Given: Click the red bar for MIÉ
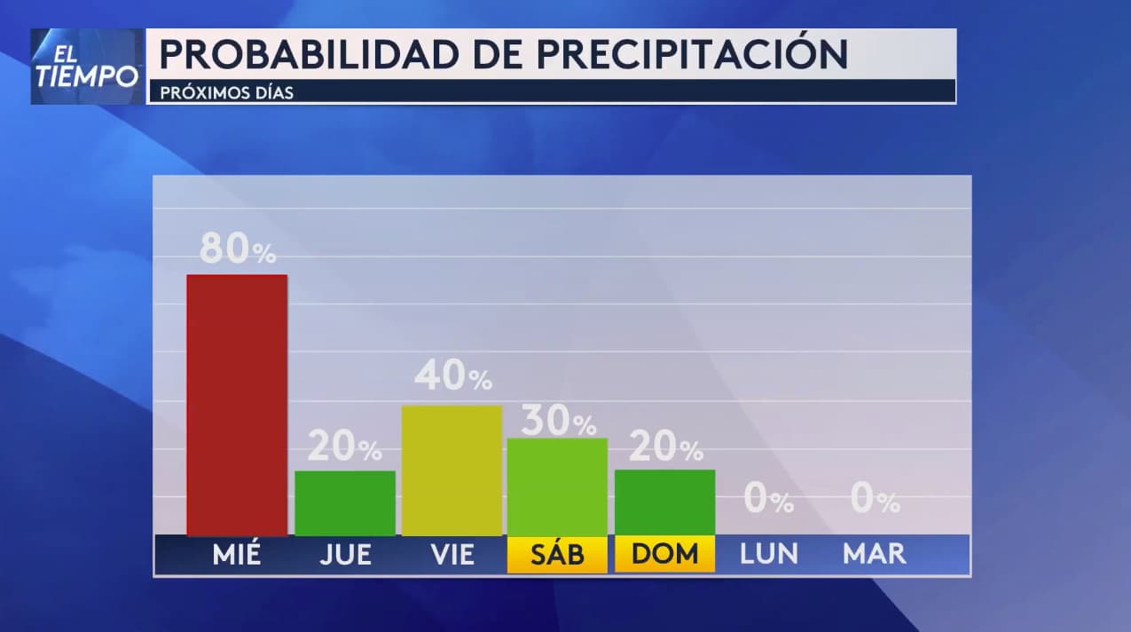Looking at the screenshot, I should [237, 405].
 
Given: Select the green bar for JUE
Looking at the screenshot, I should [345, 503].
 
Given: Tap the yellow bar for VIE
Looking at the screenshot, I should [452, 470].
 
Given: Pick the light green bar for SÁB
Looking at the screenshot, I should [557, 486].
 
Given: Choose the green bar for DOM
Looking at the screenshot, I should [664, 502].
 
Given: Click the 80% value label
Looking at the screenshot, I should [237, 249].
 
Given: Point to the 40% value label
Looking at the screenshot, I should [452, 376].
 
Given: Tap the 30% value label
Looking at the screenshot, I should [558, 421].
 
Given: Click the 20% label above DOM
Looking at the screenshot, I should [665, 446].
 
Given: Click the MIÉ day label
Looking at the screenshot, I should [237, 555].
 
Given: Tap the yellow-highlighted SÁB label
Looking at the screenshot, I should [557, 555].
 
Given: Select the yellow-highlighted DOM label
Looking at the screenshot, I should [664, 555].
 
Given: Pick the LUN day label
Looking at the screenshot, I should [769, 555].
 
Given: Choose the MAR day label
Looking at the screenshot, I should [875, 555].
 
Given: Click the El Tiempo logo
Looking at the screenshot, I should [87, 67].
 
